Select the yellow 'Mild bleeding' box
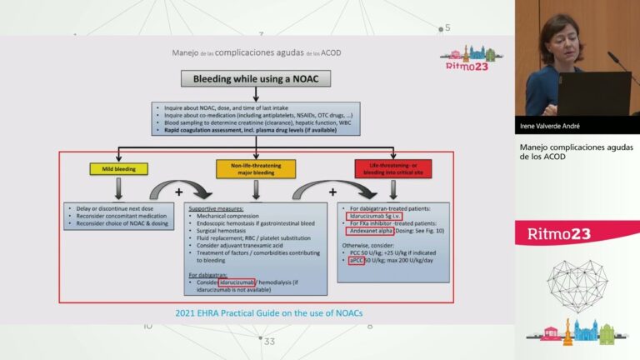click(x=118, y=169)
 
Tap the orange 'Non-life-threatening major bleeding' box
click(x=257, y=169)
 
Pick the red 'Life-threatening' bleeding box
click(x=391, y=169)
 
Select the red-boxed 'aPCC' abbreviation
click(x=356, y=261)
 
